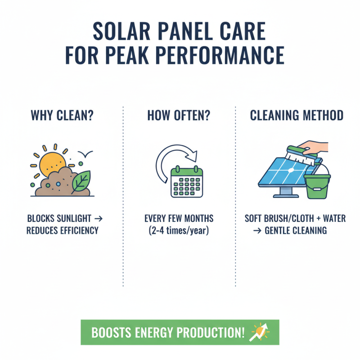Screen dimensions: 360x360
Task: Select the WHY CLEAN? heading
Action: tap(62, 116)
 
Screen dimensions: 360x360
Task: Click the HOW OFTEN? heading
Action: tap(179, 116)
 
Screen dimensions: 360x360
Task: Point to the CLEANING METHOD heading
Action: tap(297, 116)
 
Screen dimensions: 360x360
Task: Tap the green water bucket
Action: tap(317, 185)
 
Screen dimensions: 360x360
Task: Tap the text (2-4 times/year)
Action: tap(179, 230)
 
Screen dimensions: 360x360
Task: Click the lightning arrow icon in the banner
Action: tap(260, 332)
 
